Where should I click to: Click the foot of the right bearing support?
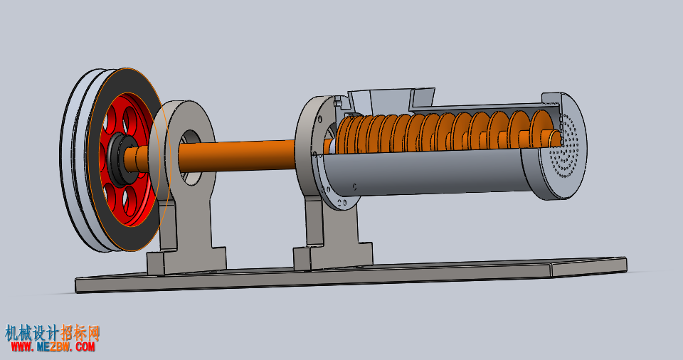(x=333, y=257)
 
